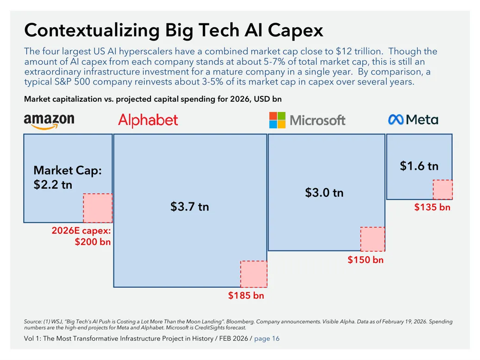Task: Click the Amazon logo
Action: click(x=49, y=121)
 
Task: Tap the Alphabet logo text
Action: click(x=148, y=120)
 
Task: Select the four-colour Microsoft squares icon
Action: click(x=277, y=120)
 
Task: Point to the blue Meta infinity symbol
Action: click(x=396, y=119)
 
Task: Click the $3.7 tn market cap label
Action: click(x=190, y=207)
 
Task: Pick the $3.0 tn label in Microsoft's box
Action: click(x=324, y=192)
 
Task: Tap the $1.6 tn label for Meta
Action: click(x=419, y=166)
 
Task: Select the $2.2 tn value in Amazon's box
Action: click(x=53, y=185)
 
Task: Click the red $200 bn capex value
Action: click(x=93, y=242)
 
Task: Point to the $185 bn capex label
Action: click(x=246, y=295)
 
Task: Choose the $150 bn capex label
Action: click(x=366, y=260)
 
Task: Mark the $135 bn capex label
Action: click(x=432, y=207)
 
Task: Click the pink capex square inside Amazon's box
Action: click(x=98, y=208)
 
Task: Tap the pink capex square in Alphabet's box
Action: click(x=254, y=274)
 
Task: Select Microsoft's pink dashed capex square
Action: click(x=373, y=239)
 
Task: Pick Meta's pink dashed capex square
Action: click(x=443, y=190)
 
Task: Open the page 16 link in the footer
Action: click(x=267, y=339)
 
